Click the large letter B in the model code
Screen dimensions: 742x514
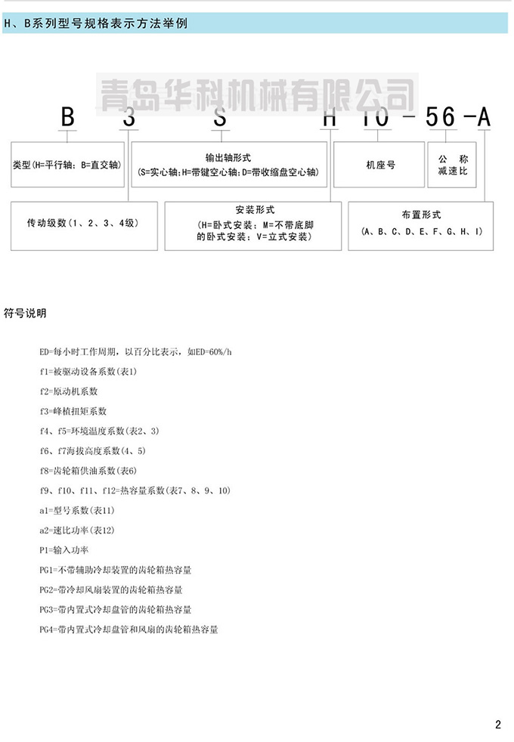click(x=68, y=118)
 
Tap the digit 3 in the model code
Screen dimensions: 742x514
click(x=129, y=118)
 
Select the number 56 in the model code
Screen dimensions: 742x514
click(x=441, y=118)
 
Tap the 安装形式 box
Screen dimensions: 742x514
click(x=253, y=224)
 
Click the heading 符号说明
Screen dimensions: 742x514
click(x=26, y=312)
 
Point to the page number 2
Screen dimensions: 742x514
click(x=498, y=725)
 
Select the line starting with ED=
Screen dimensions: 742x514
click(x=135, y=352)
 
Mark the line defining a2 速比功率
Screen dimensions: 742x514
click(x=77, y=530)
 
